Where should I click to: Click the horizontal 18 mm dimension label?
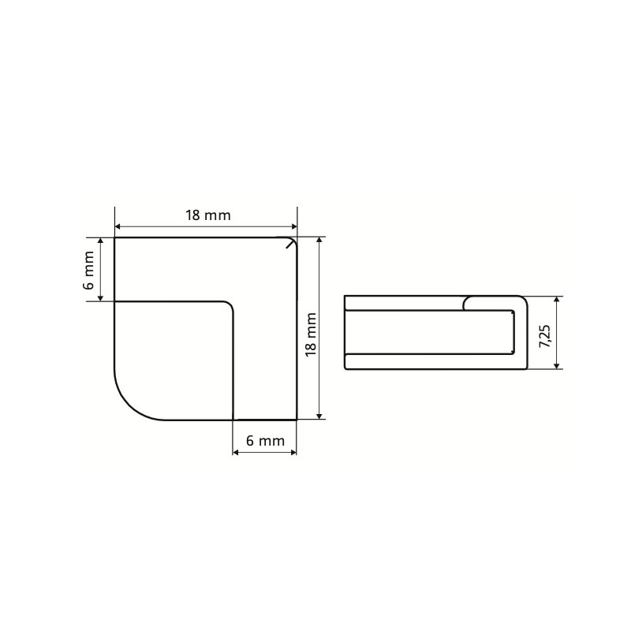click(x=208, y=215)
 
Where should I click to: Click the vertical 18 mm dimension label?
click(x=311, y=334)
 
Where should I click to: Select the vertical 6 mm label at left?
click(x=88, y=270)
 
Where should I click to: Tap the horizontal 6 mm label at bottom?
click(x=265, y=441)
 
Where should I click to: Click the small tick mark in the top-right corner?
click(x=290, y=243)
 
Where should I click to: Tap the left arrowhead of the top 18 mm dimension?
click(x=118, y=227)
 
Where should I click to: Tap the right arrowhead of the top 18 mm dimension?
click(x=293, y=227)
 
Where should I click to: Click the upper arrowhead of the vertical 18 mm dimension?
click(x=319, y=241)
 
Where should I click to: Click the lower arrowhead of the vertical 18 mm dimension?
click(x=319, y=416)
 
